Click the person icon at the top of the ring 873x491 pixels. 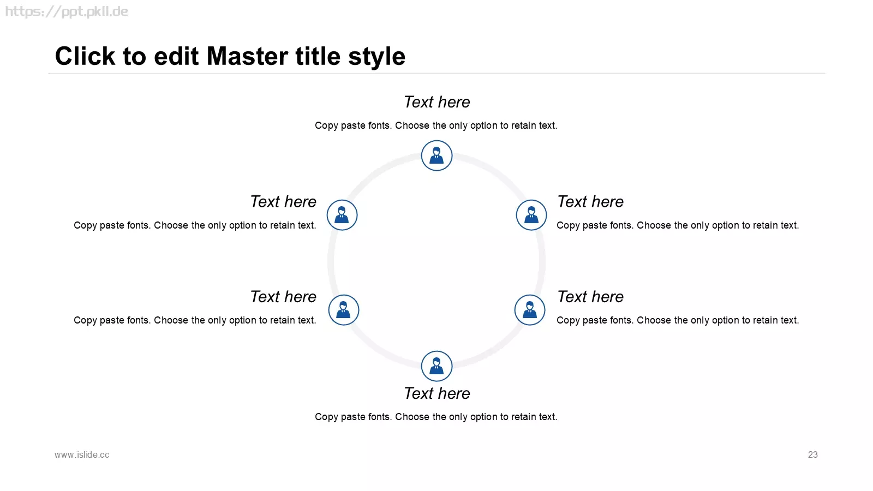coord(436,155)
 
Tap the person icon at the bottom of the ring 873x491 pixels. coord(436,366)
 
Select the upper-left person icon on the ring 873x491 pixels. coord(342,215)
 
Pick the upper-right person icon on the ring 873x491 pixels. coord(531,215)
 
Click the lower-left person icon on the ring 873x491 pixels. coord(343,310)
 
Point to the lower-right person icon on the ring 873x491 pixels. coord(530,310)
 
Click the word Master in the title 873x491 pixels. coord(248,56)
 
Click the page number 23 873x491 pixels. coord(812,455)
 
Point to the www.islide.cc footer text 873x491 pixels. coord(82,455)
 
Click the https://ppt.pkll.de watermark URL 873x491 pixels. coord(66,11)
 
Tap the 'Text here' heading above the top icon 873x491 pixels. coord(436,102)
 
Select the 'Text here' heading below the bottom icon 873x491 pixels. coord(436,393)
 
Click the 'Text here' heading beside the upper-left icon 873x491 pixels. coord(283,202)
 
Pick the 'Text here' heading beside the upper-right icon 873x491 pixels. coord(590,202)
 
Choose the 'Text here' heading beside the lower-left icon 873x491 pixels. coord(283,297)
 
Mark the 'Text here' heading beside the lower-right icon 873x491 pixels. coord(590,297)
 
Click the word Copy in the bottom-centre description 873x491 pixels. coord(326,417)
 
